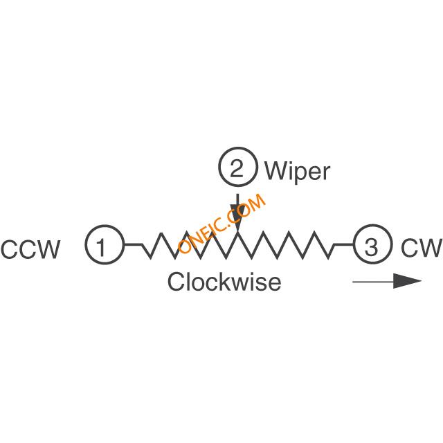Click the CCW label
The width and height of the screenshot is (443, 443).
pyautogui.click(x=30, y=249)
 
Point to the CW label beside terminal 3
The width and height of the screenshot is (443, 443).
pyautogui.click(x=421, y=248)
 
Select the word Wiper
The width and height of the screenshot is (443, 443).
pyautogui.click(x=297, y=171)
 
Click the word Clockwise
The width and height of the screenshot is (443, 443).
pyautogui.click(x=224, y=282)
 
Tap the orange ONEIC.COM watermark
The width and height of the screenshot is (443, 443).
pyautogui.click(x=222, y=223)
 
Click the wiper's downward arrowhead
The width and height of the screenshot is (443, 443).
pyautogui.click(x=238, y=218)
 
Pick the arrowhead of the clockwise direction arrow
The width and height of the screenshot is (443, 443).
pyautogui.click(x=407, y=281)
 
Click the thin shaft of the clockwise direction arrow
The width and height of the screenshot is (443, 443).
pyautogui.click(x=373, y=282)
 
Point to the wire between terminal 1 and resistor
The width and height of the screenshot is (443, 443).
pyautogui.click(x=133, y=244)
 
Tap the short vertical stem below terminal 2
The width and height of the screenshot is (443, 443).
pyautogui.click(x=238, y=199)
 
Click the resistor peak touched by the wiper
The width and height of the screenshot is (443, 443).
pyautogui.click(x=238, y=233)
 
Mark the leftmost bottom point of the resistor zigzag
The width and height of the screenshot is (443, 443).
pyautogui.click(x=150, y=257)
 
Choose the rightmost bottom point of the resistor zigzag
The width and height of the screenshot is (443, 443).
pyautogui.click(x=328, y=257)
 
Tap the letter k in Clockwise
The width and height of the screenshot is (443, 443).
pyautogui.click(x=224, y=282)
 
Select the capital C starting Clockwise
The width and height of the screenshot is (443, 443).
pyautogui.click(x=176, y=282)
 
